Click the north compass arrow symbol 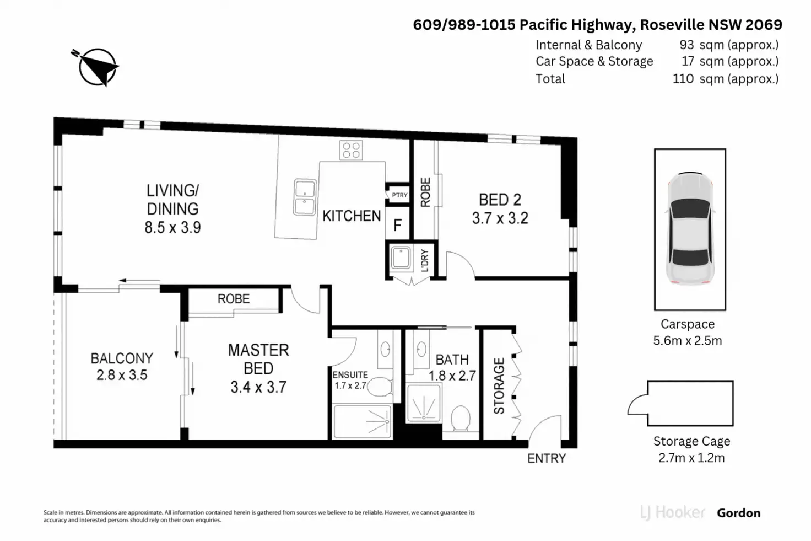coord(98,67)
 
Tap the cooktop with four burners coord(351,150)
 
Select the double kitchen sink coord(304,196)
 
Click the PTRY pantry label coord(399,195)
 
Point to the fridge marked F coord(397,225)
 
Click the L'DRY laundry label coord(424,260)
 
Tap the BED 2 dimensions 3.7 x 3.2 coord(500,218)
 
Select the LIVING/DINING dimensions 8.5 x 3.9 coord(172,227)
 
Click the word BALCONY coord(122,358)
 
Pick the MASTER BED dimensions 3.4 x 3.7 coord(258,387)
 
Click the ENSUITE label coord(350,375)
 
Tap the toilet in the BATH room coord(461,419)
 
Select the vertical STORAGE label coord(499,386)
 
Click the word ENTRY coord(547,458)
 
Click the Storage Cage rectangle coord(690,403)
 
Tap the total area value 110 coord(683,79)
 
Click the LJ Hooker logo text coord(673,513)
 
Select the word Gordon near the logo coord(738,513)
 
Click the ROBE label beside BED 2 coord(425,192)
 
